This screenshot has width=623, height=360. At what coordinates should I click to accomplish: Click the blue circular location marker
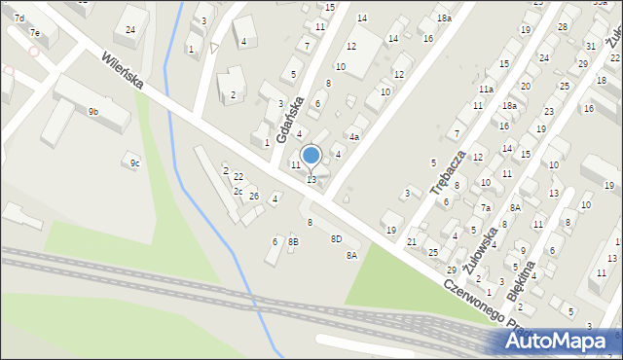311,155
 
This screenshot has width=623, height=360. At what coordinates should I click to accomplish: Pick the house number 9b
92,112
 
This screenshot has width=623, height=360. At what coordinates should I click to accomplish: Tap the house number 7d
18,18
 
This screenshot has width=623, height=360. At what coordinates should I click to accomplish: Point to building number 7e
34,33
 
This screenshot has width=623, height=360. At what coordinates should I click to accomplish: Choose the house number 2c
238,191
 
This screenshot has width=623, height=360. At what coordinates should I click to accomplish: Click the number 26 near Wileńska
253,197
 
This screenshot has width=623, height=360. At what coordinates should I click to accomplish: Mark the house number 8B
293,241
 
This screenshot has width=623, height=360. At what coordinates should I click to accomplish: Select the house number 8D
336,238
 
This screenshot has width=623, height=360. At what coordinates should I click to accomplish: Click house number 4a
354,137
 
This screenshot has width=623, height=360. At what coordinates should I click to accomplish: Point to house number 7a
484,207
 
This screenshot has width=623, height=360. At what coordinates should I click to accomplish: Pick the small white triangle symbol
214,47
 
